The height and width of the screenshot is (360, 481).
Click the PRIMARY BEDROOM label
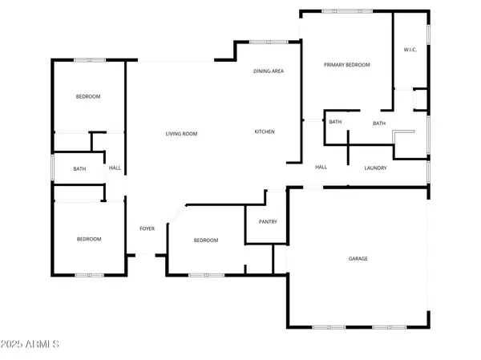point(346,64)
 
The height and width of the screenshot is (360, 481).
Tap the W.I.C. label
point(408,51)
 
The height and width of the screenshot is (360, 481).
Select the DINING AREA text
point(269,71)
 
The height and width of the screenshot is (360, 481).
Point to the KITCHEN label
point(265,131)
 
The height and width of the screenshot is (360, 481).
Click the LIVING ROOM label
point(181,134)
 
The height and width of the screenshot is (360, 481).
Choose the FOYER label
point(147,229)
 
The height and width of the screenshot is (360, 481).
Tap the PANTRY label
point(267,222)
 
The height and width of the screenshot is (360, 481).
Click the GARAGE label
point(358,259)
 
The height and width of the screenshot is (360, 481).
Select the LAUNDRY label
point(375,168)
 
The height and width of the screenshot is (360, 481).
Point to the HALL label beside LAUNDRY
point(321,167)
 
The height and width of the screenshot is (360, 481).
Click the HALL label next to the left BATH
point(115,168)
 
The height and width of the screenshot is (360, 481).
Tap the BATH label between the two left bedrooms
point(79,168)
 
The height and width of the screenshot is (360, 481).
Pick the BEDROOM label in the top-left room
point(88,97)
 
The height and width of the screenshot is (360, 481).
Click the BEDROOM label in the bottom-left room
point(89,239)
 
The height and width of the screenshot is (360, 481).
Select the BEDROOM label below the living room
point(206,241)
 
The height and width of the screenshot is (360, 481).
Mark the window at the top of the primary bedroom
point(342,11)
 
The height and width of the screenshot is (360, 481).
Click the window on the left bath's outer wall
point(53,168)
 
